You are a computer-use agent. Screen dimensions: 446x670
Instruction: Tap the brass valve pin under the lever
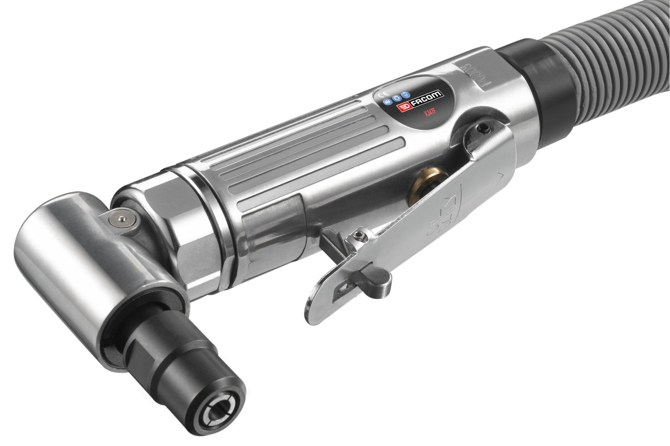click(x=423, y=185)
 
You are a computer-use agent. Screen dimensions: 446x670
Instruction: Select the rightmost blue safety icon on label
click(x=405, y=95)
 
